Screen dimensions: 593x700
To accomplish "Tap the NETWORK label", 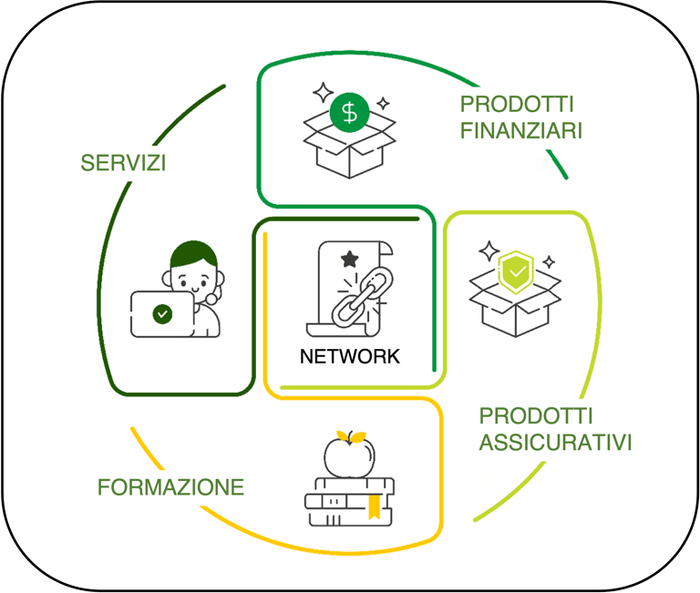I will (x=350, y=356).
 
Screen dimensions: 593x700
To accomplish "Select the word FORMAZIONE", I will (x=170, y=487).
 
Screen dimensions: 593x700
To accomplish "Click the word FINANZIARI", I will (x=521, y=130).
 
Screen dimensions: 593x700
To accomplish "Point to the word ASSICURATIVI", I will (x=555, y=444).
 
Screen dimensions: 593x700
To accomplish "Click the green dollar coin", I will (x=349, y=114).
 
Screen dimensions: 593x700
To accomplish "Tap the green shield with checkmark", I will (x=515, y=271).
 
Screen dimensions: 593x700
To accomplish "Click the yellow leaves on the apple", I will (x=349, y=434).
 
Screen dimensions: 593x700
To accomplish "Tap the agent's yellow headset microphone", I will (x=211, y=298).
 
